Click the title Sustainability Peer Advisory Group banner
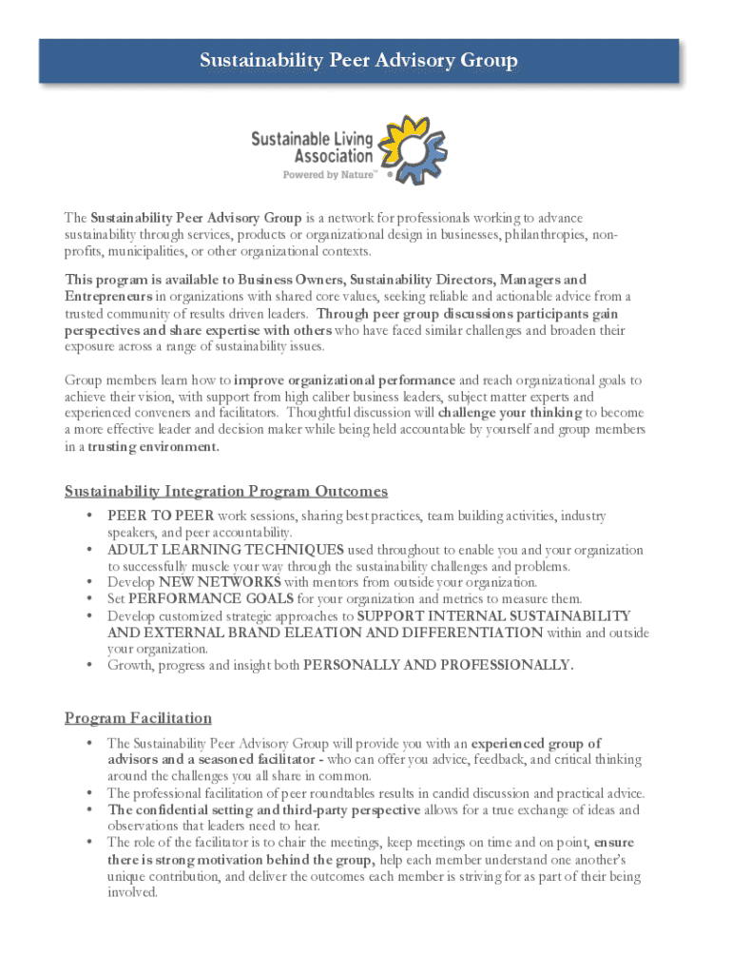[359, 61]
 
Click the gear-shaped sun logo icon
[411, 147]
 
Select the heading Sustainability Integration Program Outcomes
[226, 491]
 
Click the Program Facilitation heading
[138, 717]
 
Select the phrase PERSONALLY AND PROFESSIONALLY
[437, 665]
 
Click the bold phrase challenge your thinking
[510, 413]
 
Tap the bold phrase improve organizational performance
[344, 380]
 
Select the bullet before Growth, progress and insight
[87, 665]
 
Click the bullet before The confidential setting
[87, 809]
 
